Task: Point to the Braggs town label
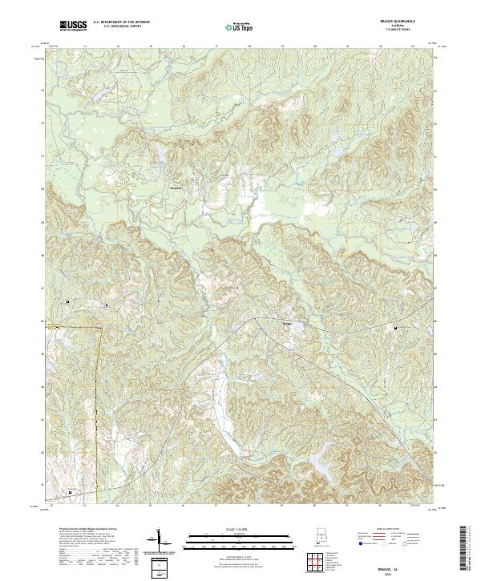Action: [x=288, y=322]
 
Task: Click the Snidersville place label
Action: [x=176, y=188]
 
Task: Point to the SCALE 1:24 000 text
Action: [x=240, y=529]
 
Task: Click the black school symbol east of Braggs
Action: [x=394, y=327]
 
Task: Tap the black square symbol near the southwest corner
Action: [x=69, y=491]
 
